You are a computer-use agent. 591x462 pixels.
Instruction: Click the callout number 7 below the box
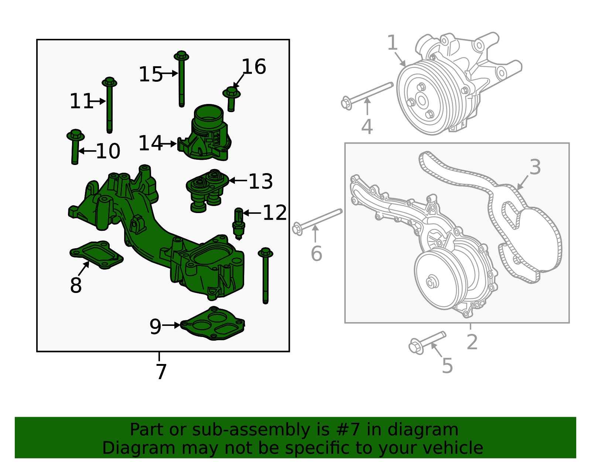click(161, 371)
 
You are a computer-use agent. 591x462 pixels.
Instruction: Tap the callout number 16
click(253, 67)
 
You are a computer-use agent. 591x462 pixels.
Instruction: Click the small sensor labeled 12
click(239, 223)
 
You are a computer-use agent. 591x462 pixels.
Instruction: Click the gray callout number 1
click(392, 43)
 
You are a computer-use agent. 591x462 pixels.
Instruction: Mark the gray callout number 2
click(472, 342)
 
